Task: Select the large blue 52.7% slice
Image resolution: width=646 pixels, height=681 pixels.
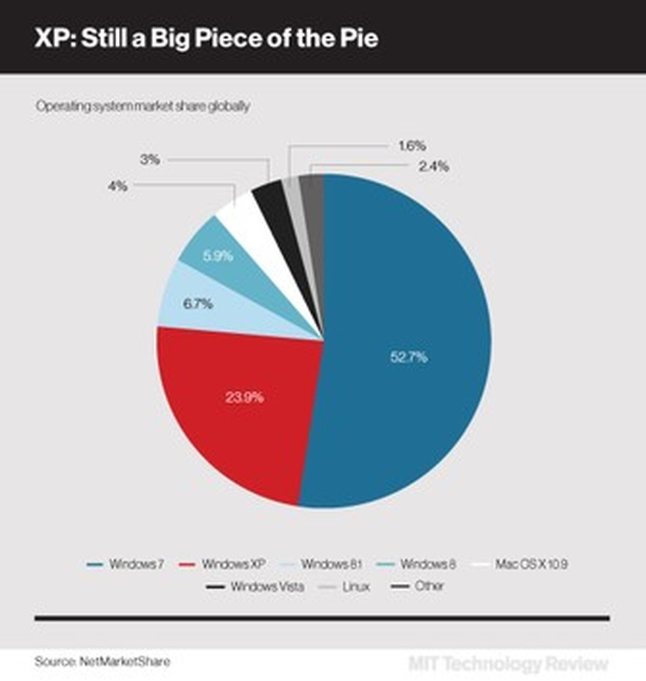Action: click(x=407, y=341)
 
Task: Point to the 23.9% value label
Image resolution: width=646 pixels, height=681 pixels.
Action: click(x=244, y=397)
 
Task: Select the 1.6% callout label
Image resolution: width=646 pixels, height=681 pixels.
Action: click(x=412, y=144)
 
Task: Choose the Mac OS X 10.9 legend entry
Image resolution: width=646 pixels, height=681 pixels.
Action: click(x=528, y=564)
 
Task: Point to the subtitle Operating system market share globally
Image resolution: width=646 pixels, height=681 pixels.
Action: click(x=142, y=106)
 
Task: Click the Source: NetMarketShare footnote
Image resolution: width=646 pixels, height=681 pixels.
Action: click(x=102, y=661)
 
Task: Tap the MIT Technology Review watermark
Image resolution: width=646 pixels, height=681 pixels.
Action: click(x=508, y=664)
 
